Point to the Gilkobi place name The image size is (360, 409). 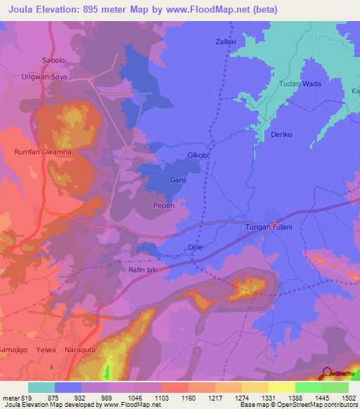[199, 155]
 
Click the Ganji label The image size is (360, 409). [178, 181]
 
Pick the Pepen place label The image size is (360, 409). [164, 206]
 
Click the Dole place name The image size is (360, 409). [196, 247]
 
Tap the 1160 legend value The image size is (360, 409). [188, 398]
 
